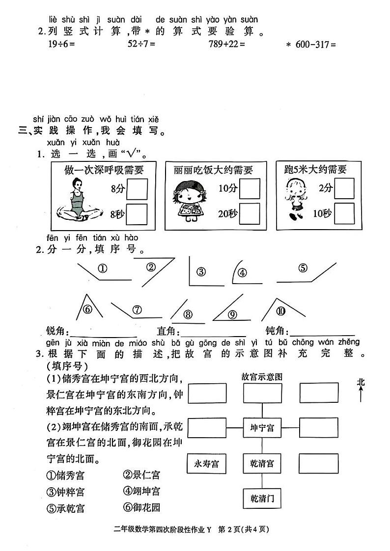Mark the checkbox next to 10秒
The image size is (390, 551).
point(344,213)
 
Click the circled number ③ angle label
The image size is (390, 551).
point(200,273)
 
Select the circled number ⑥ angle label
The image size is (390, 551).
point(87,309)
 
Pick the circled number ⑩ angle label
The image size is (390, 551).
point(280,310)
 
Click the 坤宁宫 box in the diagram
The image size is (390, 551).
point(261,428)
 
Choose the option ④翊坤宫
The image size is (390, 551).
point(142,491)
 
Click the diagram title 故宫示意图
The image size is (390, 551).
point(262,377)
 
